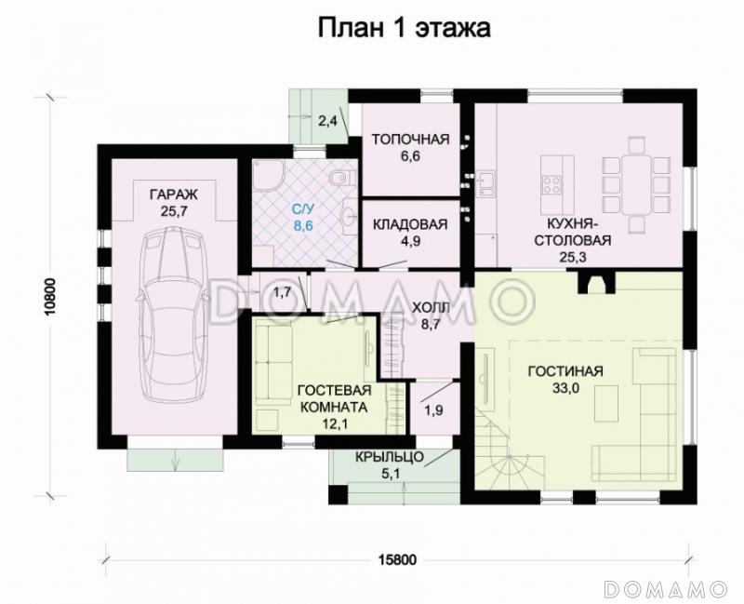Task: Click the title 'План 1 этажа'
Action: click(405, 28)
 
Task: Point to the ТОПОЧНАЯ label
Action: click(410, 140)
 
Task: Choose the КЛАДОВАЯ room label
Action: click(410, 224)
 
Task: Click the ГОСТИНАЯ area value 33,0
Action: click(565, 390)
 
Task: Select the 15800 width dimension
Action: click(397, 559)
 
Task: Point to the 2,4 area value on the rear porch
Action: click(327, 120)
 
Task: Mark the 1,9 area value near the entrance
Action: click(432, 409)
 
